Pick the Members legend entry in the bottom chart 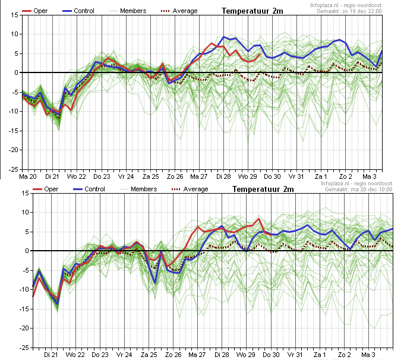[x=143, y=189]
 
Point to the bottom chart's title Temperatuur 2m [x=263, y=189]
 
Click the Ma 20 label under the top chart [x=28, y=176]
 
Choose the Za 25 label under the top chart [x=151, y=176]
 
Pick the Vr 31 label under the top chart [x=296, y=176]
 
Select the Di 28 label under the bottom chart [x=222, y=355]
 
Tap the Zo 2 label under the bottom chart [x=345, y=355]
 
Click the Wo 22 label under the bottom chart [x=76, y=355]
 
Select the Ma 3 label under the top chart [x=370, y=176]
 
